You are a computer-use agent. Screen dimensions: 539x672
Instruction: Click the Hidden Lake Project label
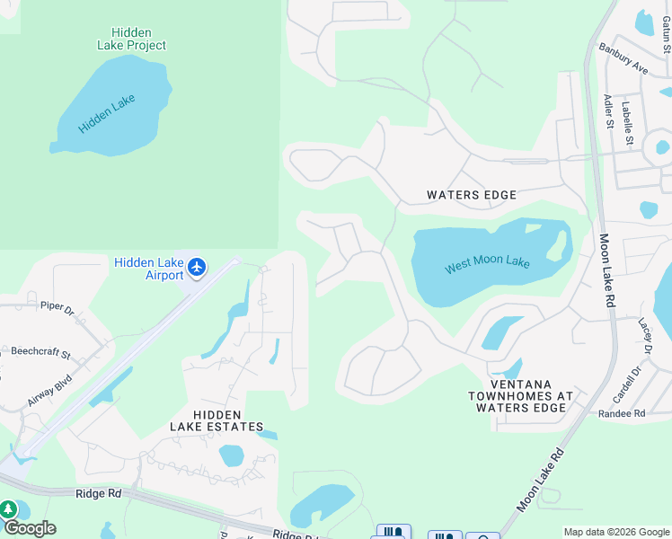pyautogui.click(x=132, y=39)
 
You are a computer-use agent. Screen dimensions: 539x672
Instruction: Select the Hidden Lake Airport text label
pyautogui.click(x=149, y=269)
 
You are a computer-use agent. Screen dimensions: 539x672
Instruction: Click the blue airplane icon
pyautogui.click(x=199, y=267)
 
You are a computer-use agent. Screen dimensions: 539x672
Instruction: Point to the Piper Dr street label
pyautogui.click(x=58, y=306)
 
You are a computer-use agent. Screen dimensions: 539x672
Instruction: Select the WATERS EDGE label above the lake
pyautogui.click(x=472, y=195)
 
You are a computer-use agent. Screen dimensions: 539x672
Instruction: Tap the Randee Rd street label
pyautogui.click(x=622, y=413)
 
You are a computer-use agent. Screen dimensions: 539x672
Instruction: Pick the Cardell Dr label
pyautogui.click(x=634, y=385)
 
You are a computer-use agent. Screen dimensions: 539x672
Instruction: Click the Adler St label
pyautogui.click(x=608, y=112)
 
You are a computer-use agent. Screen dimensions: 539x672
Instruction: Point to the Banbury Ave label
pyautogui.click(x=623, y=60)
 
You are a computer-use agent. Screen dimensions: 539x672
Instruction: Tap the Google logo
pyautogui.click(x=30, y=528)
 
